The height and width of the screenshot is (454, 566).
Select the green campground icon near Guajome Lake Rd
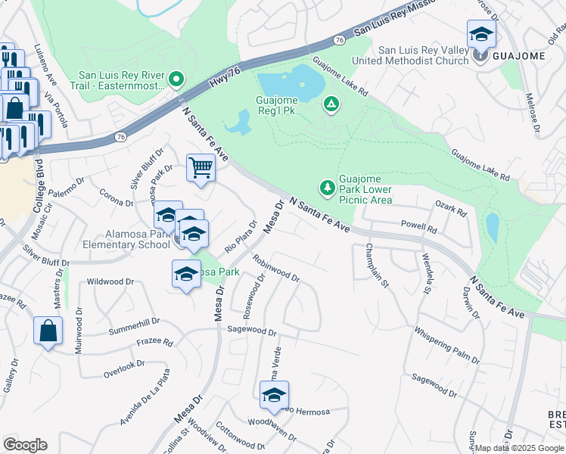(x=330, y=104)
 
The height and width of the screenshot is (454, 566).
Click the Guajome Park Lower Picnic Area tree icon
(x=327, y=187)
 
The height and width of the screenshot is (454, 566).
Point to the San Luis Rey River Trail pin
(x=176, y=79)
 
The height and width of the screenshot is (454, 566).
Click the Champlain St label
(x=377, y=265)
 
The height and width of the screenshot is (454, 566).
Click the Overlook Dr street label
(x=123, y=365)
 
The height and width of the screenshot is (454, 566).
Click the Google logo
(x=25, y=445)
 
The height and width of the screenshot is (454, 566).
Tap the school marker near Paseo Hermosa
(x=274, y=394)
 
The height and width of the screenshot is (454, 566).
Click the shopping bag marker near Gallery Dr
(x=48, y=331)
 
